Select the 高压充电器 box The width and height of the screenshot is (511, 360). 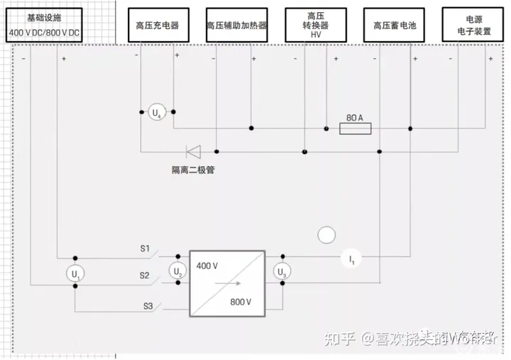coord(157,25)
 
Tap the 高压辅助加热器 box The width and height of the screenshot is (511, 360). coord(237,25)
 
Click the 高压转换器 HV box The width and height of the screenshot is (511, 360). coord(316,25)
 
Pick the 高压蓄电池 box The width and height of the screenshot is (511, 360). coord(395,25)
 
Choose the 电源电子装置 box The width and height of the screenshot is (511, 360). coord(473,25)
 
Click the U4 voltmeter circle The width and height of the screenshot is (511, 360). coord(157,112)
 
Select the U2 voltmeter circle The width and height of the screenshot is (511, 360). coord(178,270)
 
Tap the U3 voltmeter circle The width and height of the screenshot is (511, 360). coord(282,271)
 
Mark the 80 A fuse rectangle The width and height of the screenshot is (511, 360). coord(356,129)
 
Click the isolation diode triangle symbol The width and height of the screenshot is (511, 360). coord(193,151)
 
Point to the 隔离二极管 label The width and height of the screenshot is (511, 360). coord(192,170)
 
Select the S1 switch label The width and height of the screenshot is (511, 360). coord(144,249)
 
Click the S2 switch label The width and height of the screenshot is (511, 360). coord(144,275)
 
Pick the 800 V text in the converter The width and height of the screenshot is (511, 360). coord(241,302)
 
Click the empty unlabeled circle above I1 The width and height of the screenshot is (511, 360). coord(326,234)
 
